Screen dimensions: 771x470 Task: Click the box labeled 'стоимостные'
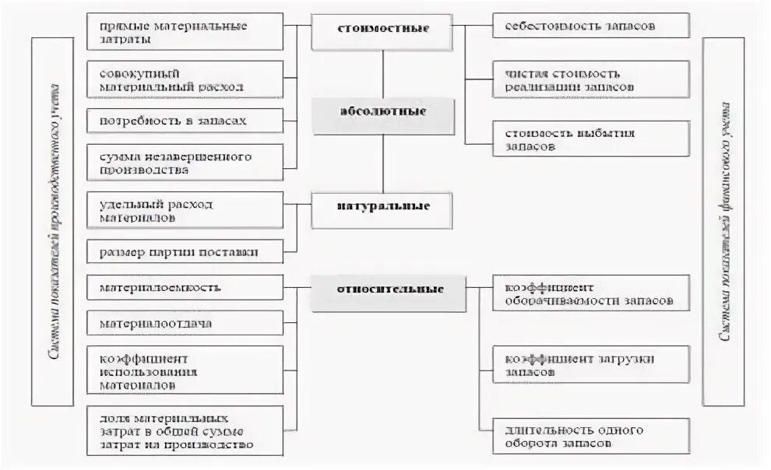click(x=382, y=30)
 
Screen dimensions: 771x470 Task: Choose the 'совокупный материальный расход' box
click(x=185, y=79)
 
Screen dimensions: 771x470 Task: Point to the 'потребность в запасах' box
click(x=185, y=121)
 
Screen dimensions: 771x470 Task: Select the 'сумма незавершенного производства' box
click(x=185, y=163)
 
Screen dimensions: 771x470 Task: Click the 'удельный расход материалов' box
click(x=185, y=210)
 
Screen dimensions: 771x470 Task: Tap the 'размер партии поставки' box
click(x=185, y=252)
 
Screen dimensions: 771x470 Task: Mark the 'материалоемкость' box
click(x=185, y=287)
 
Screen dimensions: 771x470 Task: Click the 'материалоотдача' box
click(x=185, y=322)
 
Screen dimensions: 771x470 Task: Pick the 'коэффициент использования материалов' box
click(x=185, y=370)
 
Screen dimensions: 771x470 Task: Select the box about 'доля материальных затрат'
click(x=185, y=430)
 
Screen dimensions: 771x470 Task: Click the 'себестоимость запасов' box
click(x=591, y=26)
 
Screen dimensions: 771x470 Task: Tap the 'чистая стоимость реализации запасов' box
click(x=591, y=79)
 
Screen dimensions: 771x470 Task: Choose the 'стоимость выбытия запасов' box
click(x=591, y=139)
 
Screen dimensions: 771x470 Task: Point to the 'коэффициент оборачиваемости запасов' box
click(x=591, y=293)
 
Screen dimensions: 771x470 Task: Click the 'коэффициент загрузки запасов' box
click(x=591, y=365)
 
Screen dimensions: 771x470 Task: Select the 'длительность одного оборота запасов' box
click(x=591, y=436)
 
